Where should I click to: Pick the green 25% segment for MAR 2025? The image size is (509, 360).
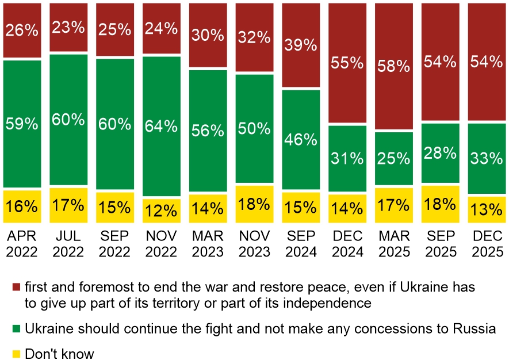tap(394, 158)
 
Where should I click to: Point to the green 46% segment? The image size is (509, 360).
tap(301, 139)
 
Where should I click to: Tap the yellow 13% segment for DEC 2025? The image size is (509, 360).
tap(487, 210)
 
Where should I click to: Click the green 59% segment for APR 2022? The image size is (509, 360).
tap(22, 123)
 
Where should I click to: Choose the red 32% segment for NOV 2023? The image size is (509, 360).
tap(254, 37)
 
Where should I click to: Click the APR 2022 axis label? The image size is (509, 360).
tap(22, 244)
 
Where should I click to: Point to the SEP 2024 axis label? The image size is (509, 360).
tap(301, 244)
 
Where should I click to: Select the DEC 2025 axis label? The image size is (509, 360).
tap(487, 244)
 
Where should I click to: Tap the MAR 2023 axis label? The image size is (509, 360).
tap(208, 244)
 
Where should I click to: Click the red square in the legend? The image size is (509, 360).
tap(16, 287)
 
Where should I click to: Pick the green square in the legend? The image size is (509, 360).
tap(16, 329)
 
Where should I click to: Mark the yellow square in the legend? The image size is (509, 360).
tap(16, 354)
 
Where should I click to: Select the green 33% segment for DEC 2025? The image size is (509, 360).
tap(487, 158)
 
